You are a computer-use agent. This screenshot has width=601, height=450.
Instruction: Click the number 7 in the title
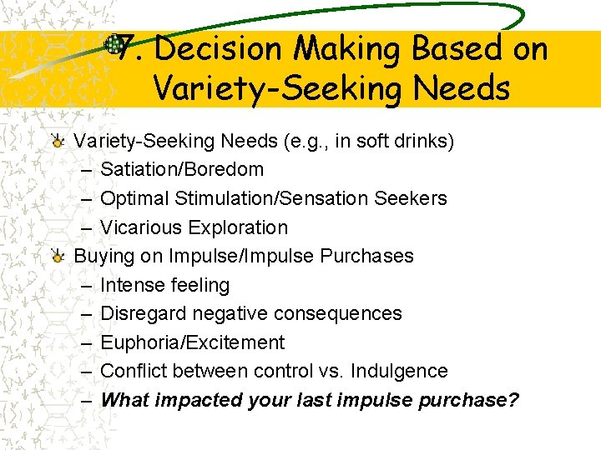click(x=126, y=50)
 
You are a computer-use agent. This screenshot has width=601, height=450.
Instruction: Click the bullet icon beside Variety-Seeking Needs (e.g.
click(x=57, y=141)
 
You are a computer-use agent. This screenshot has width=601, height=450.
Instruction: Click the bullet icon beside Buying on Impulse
click(x=57, y=256)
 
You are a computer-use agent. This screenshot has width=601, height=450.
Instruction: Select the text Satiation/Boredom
click(x=182, y=170)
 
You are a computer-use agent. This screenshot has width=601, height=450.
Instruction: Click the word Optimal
click(x=134, y=198)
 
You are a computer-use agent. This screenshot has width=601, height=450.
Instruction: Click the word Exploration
click(x=238, y=227)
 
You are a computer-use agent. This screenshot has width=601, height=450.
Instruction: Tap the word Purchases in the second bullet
click(x=370, y=256)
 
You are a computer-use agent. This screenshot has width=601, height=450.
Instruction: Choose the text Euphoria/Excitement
click(x=193, y=342)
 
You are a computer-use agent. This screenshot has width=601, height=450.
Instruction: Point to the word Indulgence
click(x=402, y=371)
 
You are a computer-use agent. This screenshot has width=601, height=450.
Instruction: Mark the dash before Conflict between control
click(x=88, y=371)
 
